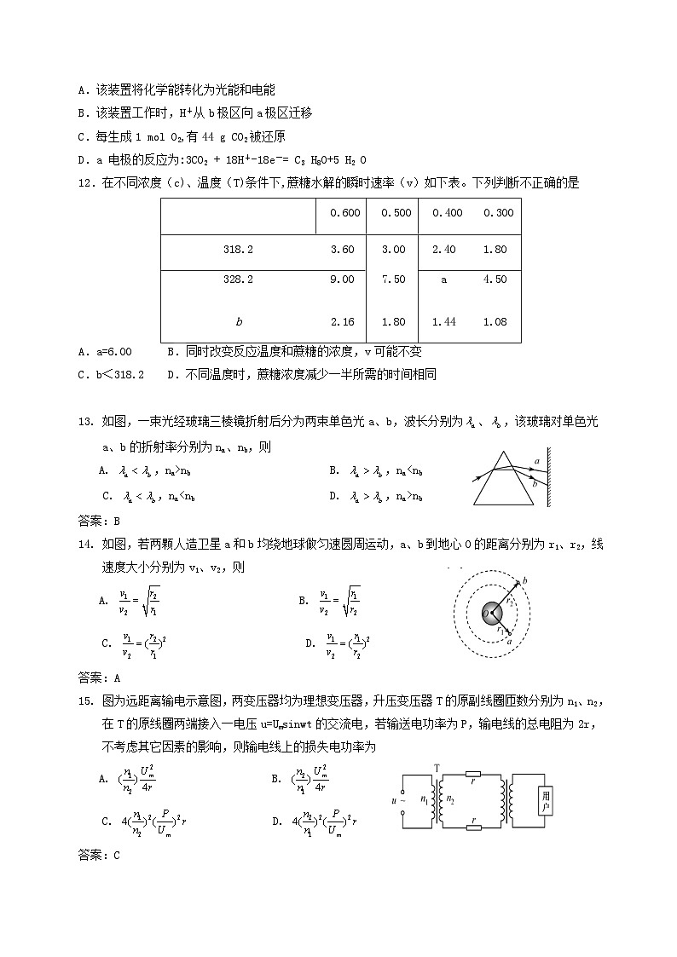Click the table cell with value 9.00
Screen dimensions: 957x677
pyautogui.click(x=341, y=280)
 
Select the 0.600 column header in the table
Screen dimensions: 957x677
pyautogui.click(x=341, y=213)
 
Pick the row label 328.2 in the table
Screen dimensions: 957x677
pyautogui.click(x=239, y=280)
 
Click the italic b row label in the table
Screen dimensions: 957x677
pyautogui.click(x=239, y=322)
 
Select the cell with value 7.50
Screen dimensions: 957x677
pyautogui.click(x=393, y=280)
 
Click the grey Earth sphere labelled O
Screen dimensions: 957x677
pyautogui.click(x=492, y=613)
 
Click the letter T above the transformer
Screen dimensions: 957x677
pyautogui.click(x=437, y=768)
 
